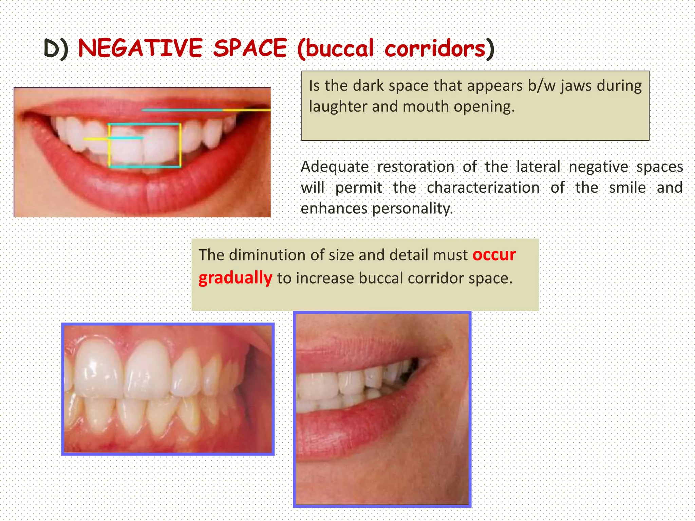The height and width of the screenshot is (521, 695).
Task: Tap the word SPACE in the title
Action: point(250,48)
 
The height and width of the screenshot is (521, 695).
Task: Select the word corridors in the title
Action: point(435,49)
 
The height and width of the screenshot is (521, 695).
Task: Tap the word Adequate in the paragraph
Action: point(335,167)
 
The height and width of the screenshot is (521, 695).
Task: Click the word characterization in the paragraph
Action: point(483,188)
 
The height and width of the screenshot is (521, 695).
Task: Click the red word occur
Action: point(494,255)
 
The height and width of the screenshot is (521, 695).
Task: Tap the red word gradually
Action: point(235,278)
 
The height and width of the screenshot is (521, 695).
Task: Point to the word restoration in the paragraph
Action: point(416,167)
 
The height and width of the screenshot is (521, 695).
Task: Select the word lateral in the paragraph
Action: point(538,167)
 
